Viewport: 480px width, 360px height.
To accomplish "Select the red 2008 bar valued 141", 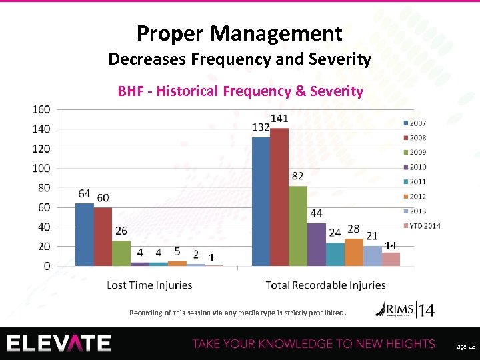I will click(279, 197).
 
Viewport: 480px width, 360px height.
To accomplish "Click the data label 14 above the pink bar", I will click(391, 245).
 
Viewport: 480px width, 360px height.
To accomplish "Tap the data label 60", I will click(103, 198).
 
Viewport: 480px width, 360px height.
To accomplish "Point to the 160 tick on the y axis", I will click(41, 109).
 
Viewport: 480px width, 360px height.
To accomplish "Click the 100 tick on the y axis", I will click(41, 168).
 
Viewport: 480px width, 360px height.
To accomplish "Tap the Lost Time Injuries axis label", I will click(149, 285).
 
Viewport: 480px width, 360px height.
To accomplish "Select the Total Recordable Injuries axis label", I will click(325, 285).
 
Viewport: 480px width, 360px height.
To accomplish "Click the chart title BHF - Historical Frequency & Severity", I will click(240, 91).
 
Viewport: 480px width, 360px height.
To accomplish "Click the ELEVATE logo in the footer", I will click(59, 343).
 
